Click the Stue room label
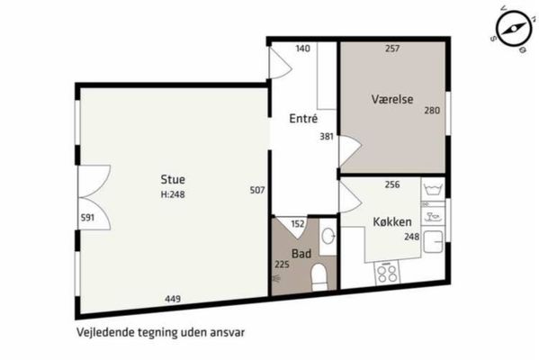point(173,179)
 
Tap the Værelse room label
point(392,99)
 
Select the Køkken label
point(392,221)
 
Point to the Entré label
point(303,118)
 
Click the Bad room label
point(301,254)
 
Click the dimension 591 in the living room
point(87,218)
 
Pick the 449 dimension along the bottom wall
point(173,299)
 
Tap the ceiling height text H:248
point(173,194)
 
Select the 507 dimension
point(257,190)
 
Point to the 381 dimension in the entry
point(327,137)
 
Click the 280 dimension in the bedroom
point(432,111)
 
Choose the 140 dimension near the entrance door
point(303,49)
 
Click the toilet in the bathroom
point(319,277)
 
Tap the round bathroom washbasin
point(328,236)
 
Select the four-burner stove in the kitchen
point(387,273)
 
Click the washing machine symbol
point(433,190)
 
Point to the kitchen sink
point(434,242)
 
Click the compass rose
point(513,29)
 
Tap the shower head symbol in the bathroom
point(276,278)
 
